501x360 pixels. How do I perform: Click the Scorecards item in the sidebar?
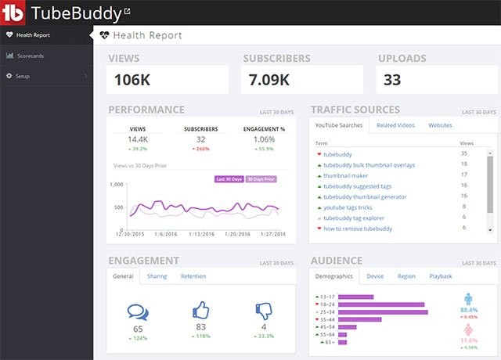[29, 56]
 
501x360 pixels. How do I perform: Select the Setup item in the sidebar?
[23, 76]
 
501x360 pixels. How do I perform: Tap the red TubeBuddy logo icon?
[14, 13]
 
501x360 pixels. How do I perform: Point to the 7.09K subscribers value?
[269, 79]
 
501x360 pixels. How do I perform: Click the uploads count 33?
[393, 79]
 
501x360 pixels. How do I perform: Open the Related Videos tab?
[395, 125]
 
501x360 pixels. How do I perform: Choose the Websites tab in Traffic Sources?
[439, 125]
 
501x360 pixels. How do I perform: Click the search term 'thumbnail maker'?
[346, 175]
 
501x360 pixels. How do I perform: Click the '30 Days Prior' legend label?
[261, 178]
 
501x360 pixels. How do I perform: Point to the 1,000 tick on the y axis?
[117, 185]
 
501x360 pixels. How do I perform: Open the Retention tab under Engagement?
[193, 276]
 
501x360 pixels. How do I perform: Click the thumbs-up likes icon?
[201, 311]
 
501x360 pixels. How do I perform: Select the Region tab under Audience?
[406, 276]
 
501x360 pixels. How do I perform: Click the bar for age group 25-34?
[384, 312]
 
